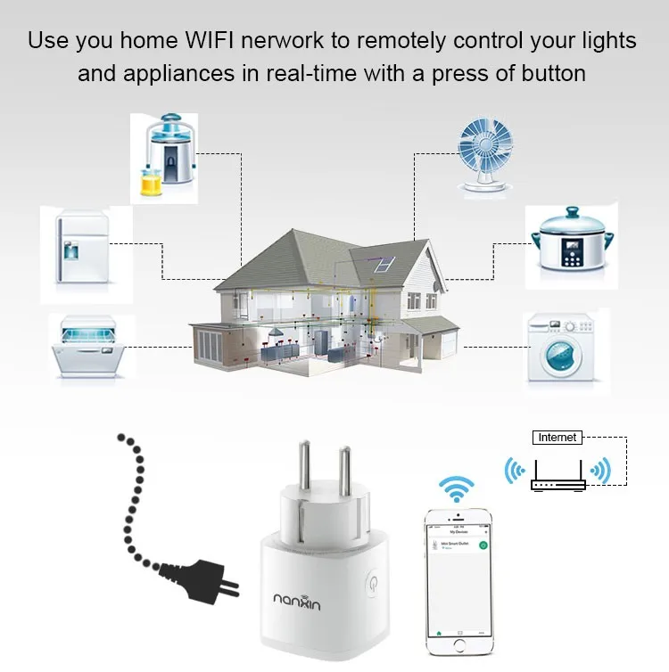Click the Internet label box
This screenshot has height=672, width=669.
pos(557,437)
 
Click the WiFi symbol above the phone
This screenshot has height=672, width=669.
pos(457,488)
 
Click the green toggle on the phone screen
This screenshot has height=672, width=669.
pos(483,545)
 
